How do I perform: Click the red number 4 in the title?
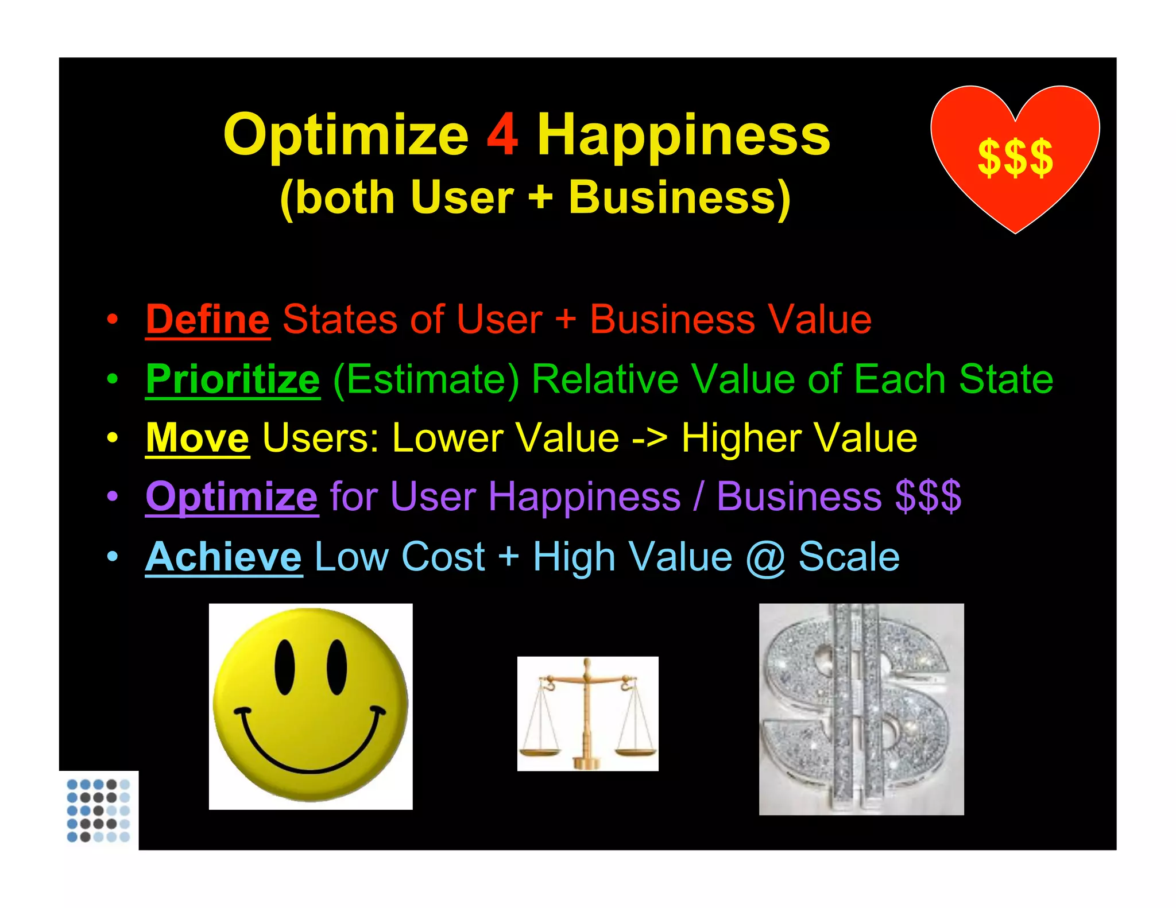[502, 135]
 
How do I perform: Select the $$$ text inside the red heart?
[1015, 158]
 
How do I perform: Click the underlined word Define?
[207, 320]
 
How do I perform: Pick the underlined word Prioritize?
[233, 379]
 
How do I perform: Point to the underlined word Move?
[197, 439]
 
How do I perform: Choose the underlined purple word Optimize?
[231, 497]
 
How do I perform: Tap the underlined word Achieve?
[223, 557]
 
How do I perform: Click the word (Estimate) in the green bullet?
[426, 379]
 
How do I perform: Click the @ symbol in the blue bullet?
[765, 558]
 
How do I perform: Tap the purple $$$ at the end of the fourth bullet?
[928, 497]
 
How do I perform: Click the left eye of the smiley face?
[285, 666]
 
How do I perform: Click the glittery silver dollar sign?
[861, 709]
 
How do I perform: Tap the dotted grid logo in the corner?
[98, 810]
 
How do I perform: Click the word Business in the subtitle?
[680, 198]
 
